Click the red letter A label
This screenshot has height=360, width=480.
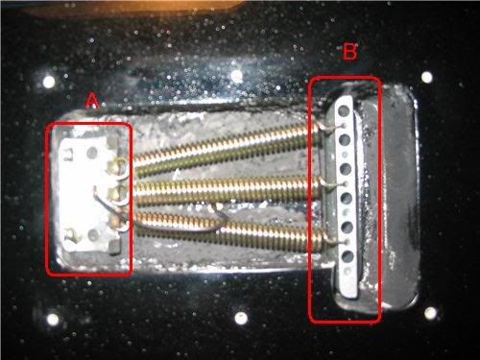coord(92,101)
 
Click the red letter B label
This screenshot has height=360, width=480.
coord(349,52)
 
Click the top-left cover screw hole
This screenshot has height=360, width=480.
coord(49,82)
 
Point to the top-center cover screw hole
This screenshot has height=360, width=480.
coord(237,76)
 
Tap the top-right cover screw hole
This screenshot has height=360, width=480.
coord(427,77)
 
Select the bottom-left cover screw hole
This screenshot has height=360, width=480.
coord(53,319)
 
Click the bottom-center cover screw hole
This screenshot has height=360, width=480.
coord(241,318)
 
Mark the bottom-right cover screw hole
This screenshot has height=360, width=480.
coord(430,313)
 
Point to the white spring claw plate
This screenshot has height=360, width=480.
coord(89,194)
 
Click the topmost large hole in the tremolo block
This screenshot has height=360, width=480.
coord(344,110)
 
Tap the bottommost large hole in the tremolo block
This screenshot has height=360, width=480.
coord(348,256)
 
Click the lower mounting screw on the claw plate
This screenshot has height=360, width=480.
coord(71,236)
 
